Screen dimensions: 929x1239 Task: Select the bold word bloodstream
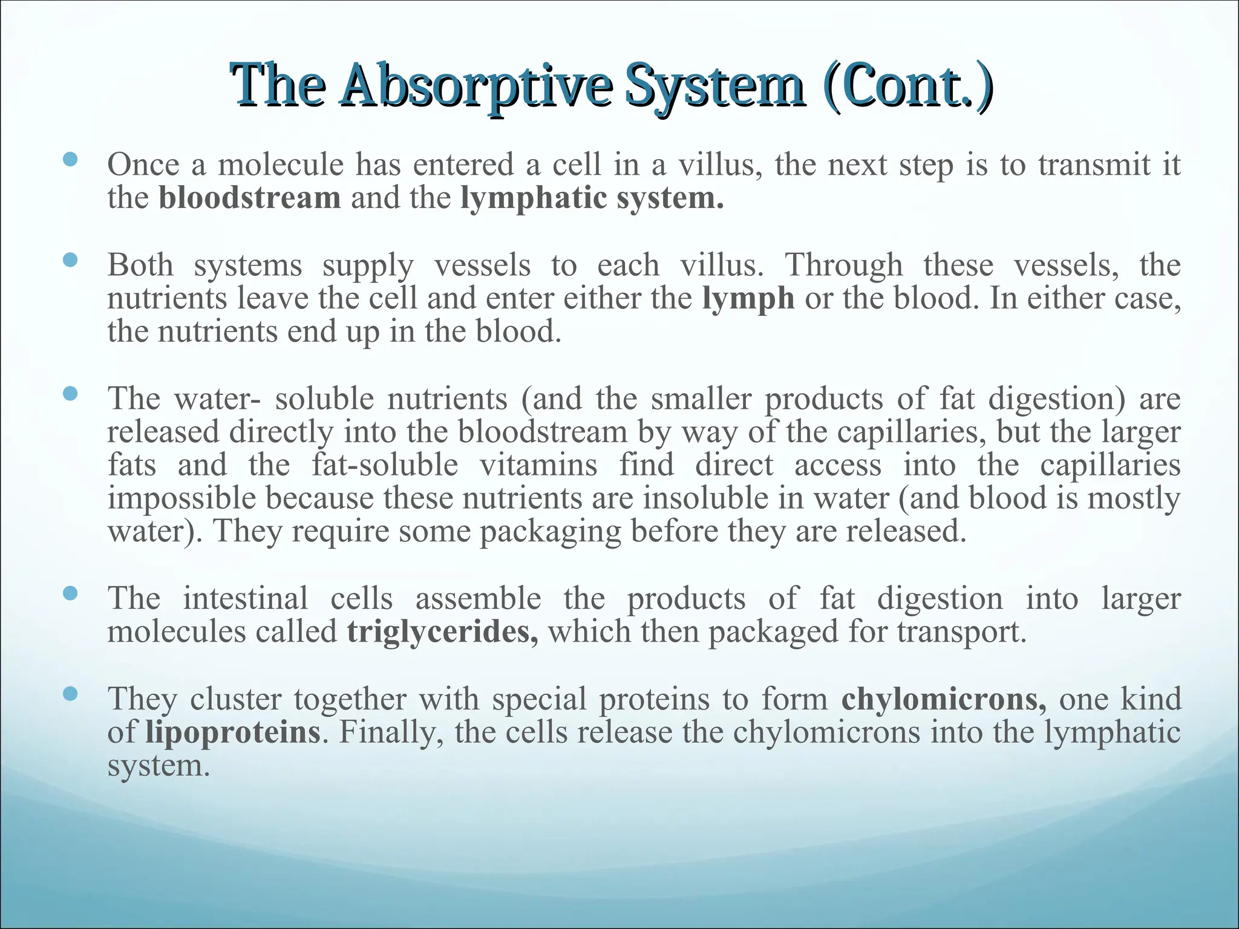pyautogui.click(x=250, y=198)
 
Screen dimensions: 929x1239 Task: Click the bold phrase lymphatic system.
pyautogui.click(x=592, y=198)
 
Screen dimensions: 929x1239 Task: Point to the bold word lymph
pyautogui.click(x=748, y=298)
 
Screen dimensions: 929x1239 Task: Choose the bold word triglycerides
pyautogui.click(x=442, y=631)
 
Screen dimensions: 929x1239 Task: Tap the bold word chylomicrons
pyautogui.click(x=943, y=699)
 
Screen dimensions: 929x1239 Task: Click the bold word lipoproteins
pyautogui.click(x=232, y=732)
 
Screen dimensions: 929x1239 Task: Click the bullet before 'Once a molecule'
pyautogui.click(x=70, y=160)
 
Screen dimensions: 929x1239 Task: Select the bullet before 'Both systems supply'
pyautogui.click(x=70, y=260)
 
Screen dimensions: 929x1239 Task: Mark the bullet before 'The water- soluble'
pyautogui.click(x=70, y=394)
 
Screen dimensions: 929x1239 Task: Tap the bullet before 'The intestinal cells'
pyautogui.click(x=70, y=593)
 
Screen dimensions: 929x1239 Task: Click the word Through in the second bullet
pyautogui.click(x=843, y=266)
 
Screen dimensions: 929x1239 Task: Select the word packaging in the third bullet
pyautogui.click(x=551, y=532)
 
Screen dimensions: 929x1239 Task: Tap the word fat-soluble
pyautogui.click(x=385, y=465)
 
